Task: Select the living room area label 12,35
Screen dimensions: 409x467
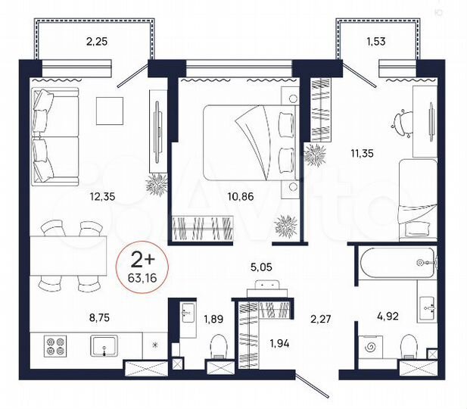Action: [104, 197]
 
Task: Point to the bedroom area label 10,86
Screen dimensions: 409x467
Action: [240, 197]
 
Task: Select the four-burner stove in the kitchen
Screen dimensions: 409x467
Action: [55, 345]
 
